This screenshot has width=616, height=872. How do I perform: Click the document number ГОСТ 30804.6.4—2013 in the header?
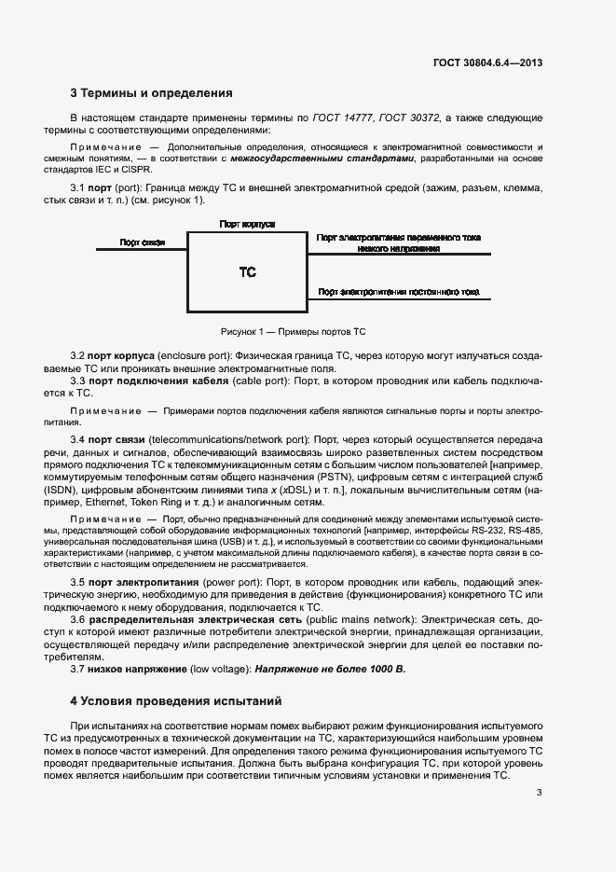(x=487, y=62)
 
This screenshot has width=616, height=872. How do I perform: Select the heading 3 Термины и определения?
(x=151, y=93)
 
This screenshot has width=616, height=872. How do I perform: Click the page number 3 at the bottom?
(x=540, y=793)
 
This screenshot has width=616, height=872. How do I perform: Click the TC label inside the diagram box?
(x=247, y=272)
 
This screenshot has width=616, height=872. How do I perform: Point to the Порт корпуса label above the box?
(x=247, y=225)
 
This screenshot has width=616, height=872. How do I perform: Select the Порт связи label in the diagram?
(x=142, y=242)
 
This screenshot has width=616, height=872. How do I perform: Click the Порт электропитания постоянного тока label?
(x=399, y=292)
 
